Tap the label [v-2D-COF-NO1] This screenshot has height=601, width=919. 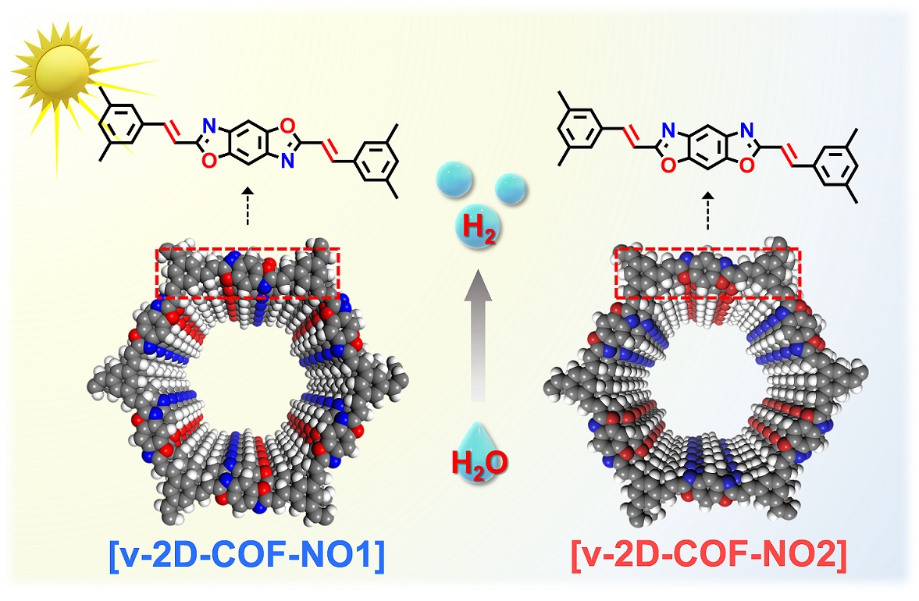coord(247,553)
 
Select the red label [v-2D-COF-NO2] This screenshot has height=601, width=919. coord(709,553)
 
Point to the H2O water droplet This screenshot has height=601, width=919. coord(479,454)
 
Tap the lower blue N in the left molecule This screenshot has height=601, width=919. coord(287,162)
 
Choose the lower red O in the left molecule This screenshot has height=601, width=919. coord(210,162)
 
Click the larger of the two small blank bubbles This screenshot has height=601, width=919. coord(454,180)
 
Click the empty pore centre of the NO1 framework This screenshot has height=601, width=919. coord(246,384)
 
